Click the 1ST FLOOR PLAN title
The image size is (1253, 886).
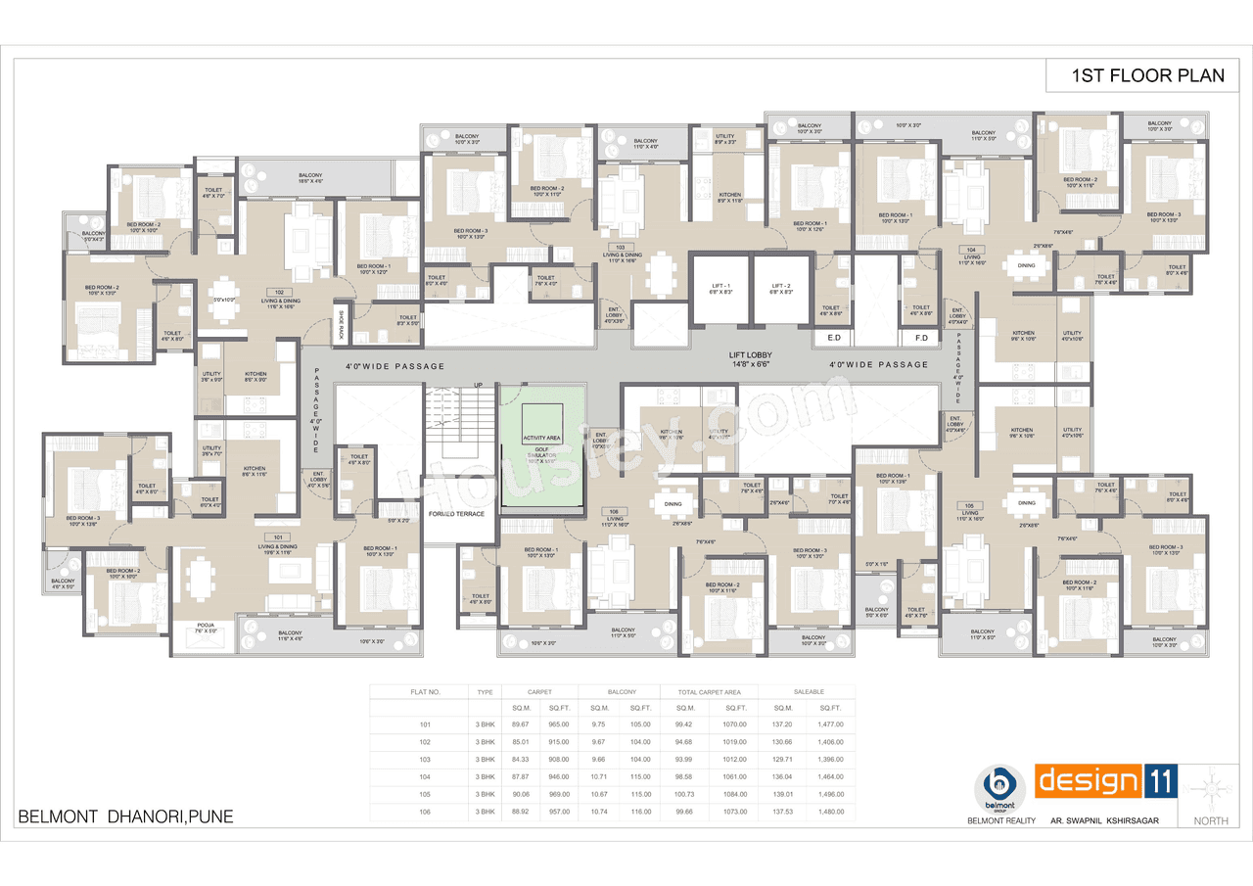tap(1147, 75)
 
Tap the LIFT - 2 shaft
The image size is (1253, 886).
tap(780, 289)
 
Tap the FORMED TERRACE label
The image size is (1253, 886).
tap(456, 513)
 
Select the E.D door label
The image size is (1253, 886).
tap(835, 338)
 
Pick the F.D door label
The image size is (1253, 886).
tap(920, 338)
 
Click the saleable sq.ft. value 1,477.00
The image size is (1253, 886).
tap(830, 724)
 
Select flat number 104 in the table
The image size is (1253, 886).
tap(425, 777)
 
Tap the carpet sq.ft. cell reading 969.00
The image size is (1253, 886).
tap(558, 795)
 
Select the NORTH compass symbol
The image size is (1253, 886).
tap(1211, 789)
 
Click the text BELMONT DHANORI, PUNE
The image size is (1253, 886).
tap(126, 816)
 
